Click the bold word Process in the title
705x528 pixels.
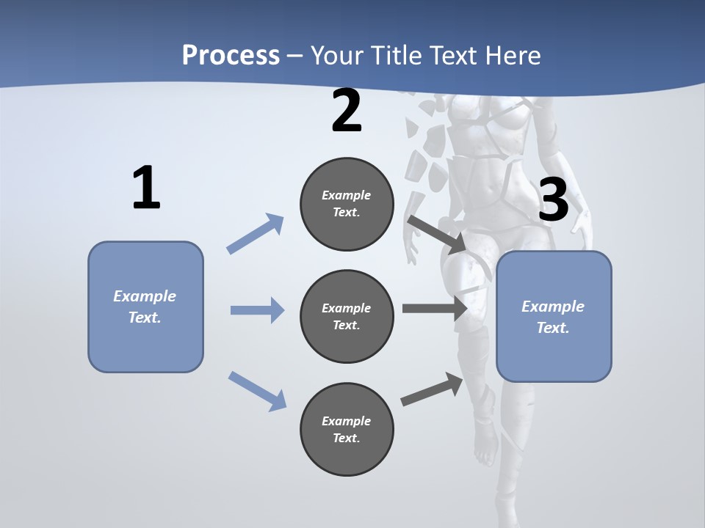(x=231, y=55)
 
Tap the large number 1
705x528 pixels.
(x=146, y=188)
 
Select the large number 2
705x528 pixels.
(x=347, y=111)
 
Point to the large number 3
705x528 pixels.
(x=553, y=199)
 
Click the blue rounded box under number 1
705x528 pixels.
(x=145, y=307)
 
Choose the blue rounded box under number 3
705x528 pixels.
(x=554, y=316)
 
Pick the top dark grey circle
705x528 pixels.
(x=347, y=204)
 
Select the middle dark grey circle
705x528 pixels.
(x=347, y=316)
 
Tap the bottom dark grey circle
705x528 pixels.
(x=347, y=429)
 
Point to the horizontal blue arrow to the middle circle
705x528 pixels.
(x=257, y=310)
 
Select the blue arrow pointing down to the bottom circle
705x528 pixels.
(x=257, y=390)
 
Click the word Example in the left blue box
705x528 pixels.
(x=145, y=296)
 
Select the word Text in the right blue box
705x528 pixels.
(x=552, y=328)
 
